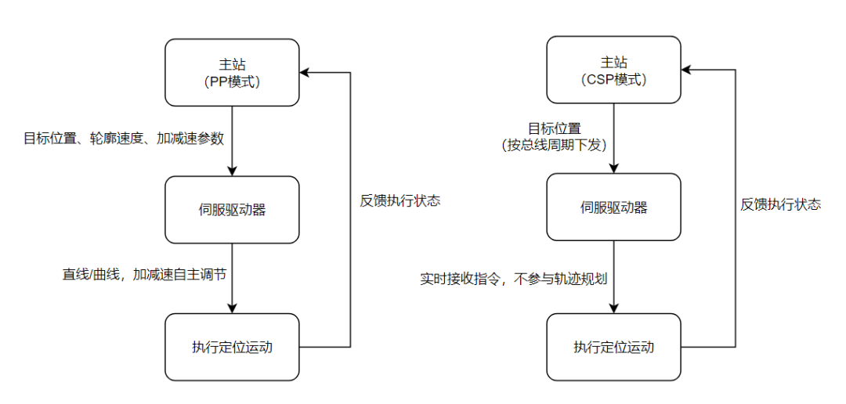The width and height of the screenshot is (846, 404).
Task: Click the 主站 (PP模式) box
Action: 232,72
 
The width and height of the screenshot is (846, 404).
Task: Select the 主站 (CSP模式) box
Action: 613,70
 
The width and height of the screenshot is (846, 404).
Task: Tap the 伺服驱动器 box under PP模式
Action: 232,210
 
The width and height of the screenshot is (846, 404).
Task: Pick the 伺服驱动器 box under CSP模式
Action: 613,207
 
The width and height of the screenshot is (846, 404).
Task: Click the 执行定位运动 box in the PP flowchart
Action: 232,348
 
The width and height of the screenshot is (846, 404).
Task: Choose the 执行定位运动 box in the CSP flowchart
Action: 613,348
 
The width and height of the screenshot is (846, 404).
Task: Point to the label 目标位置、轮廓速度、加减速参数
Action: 124,139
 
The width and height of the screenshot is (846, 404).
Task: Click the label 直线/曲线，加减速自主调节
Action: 143,274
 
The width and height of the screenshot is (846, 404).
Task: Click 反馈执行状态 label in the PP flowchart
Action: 400,201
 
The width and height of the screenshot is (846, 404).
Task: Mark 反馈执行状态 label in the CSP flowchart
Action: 781,205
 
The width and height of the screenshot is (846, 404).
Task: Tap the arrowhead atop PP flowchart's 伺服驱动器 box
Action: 232,171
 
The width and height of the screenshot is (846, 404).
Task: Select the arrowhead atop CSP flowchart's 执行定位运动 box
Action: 613,308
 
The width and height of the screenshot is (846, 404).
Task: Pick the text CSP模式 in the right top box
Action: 614,79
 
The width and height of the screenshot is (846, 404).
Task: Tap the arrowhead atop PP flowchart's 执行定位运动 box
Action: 232,308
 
